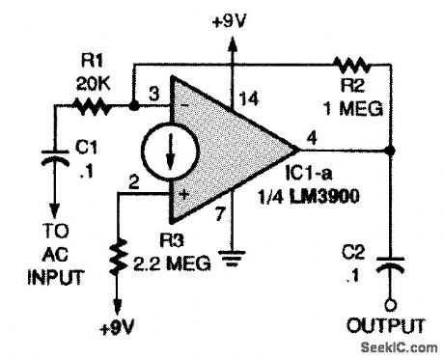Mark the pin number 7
221,208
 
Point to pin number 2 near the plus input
134,180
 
